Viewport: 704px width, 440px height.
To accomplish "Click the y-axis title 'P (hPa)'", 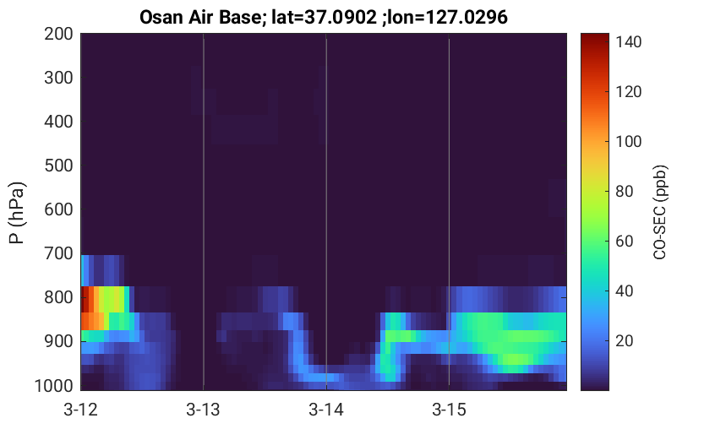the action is pyautogui.click(x=16, y=213).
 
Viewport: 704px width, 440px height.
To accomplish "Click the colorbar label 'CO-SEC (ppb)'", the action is pyautogui.click(x=660, y=212).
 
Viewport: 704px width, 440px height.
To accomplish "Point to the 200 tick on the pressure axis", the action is pyautogui.click(x=58, y=34).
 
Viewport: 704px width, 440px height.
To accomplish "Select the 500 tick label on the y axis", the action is pyautogui.click(x=58, y=166).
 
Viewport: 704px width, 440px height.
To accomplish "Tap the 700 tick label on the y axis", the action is pyautogui.click(x=58, y=253).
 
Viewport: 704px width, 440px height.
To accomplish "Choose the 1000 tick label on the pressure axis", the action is pyautogui.click(x=54, y=385).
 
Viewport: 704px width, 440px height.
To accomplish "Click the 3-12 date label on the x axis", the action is pyautogui.click(x=81, y=410).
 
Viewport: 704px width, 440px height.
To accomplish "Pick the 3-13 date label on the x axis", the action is pyautogui.click(x=204, y=410).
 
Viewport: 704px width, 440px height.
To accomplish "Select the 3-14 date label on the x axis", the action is pyautogui.click(x=326, y=410).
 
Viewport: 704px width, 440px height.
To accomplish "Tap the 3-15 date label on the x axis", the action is pyautogui.click(x=449, y=410).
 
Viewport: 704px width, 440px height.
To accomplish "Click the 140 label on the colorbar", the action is pyautogui.click(x=629, y=42).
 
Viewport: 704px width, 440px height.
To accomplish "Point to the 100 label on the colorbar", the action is pyautogui.click(x=629, y=142).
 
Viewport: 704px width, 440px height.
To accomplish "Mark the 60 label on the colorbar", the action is pyautogui.click(x=625, y=242).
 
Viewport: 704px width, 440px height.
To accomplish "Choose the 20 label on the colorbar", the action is pyautogui.click(x=625, y=341).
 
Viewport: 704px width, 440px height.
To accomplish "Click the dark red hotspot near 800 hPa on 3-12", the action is pyautogui.click(x=85, y=299).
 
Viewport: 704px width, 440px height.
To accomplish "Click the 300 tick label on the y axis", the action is pyautogui.click(x=58, y=78).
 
